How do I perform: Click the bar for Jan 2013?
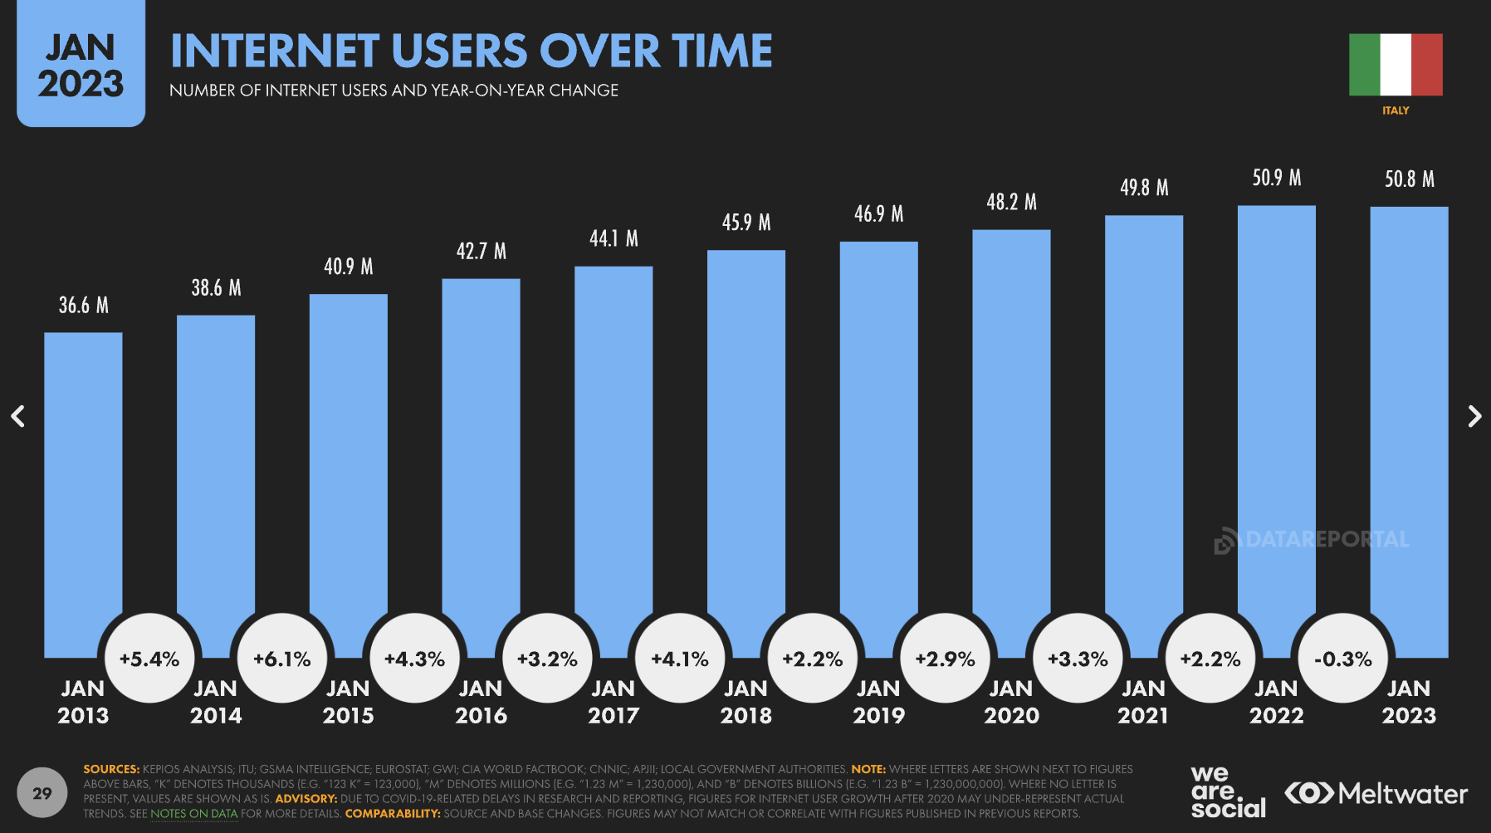(x=83, y=490)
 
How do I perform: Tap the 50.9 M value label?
(x=1276, y=178)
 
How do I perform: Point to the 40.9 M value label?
(x=349, y=267)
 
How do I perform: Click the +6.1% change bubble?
(x=282, y=659)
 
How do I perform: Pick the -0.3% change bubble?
(x=1342, y=659)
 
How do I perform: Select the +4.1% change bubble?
(x=680, y=659)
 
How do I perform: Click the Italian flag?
(x=1396, y=65)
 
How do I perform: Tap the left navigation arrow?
(x=17, y=416)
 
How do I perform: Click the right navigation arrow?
(x=1474, y=416)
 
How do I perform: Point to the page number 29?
(x=42, y=793)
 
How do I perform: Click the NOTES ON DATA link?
(x=193, y=814)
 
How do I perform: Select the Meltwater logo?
(x=1376, y=794)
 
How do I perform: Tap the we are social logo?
(x=1227, y=793)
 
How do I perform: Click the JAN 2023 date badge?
(x=81, y=66)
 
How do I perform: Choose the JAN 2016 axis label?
(x=481, y=702)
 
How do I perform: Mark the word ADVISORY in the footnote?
(x=306, y=799)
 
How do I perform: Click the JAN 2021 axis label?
(x=1143, y=702)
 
